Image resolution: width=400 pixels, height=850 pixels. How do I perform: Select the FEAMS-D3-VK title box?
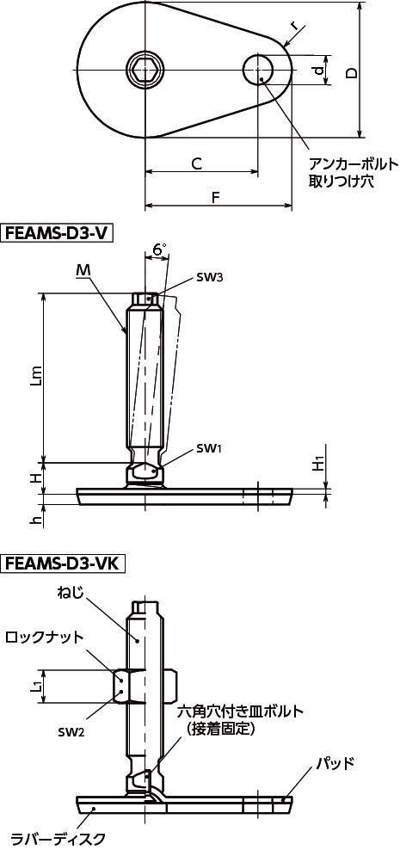coord(64,564)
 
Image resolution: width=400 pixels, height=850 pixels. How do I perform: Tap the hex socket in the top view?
coord(145,69)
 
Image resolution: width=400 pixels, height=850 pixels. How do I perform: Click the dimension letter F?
coord(216,198)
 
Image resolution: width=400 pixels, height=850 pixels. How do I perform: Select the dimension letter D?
coord(352,73)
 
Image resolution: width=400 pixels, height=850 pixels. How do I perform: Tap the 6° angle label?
coord(159,249)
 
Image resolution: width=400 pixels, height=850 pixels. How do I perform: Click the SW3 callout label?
coord(208,278)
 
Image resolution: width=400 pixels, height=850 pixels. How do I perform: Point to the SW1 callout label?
coord(208,448)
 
